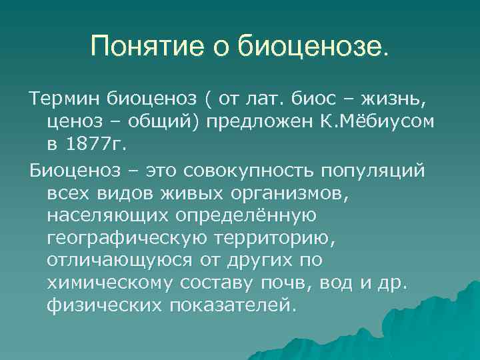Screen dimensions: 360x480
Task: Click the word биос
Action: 317,100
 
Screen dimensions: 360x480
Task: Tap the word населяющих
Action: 108,215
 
